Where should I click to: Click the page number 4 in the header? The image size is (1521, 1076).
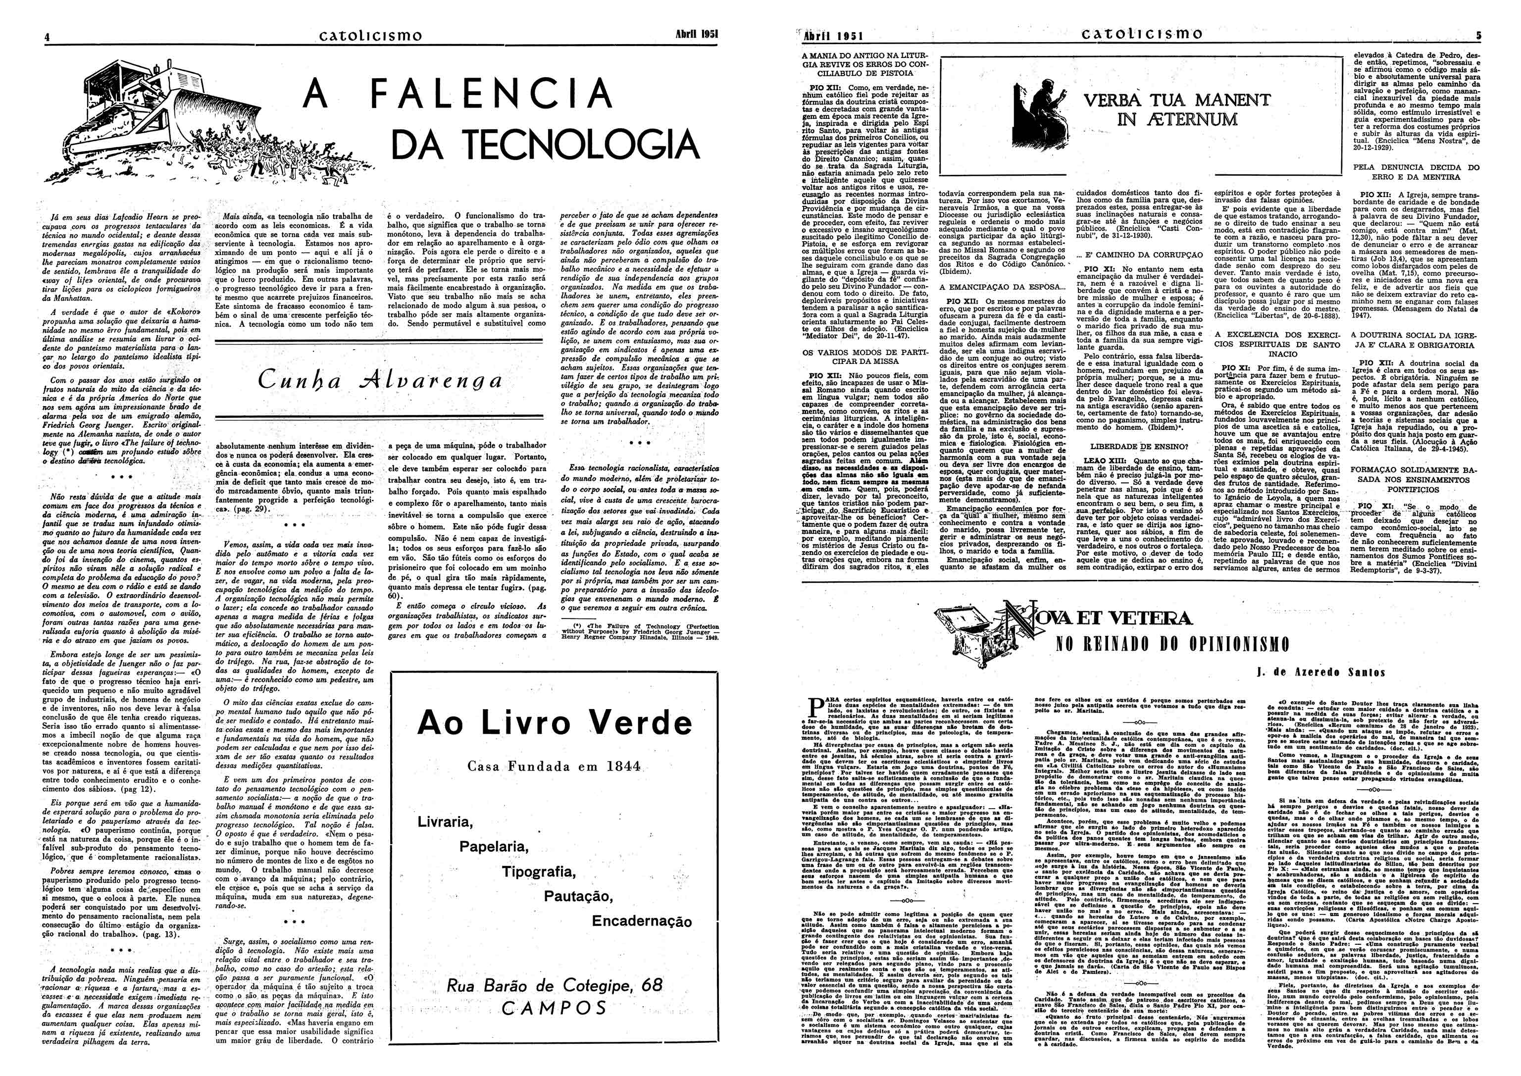pos(47,37)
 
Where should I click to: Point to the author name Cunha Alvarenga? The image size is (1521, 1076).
pos(380,380)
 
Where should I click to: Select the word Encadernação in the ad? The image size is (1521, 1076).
pos(641,922)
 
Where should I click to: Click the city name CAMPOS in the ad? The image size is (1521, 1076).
pos(554,1008)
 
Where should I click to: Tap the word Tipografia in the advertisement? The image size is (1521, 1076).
pos(538,871)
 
